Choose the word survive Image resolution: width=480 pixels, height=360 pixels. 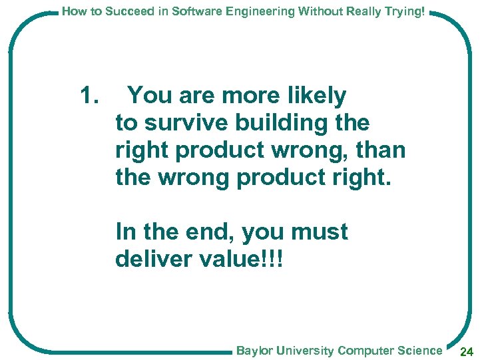point(188,123)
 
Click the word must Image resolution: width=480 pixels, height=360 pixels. point(319,232)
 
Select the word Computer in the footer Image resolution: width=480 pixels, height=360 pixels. point(365,351)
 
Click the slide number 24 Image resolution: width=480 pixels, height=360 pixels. point(467,351)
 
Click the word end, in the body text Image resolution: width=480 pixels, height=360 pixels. point(211,232)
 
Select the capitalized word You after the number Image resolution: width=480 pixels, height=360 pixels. point(148,96)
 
